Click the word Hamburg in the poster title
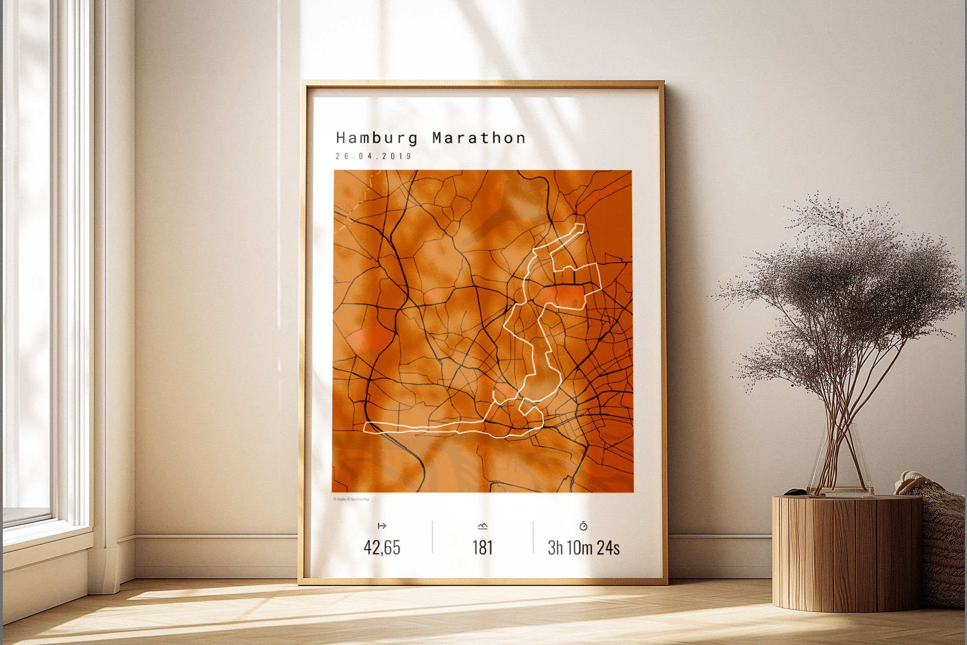376,138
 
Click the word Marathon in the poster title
479,138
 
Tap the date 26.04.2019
373,156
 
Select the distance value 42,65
382,547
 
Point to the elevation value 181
482,547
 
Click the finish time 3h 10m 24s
583,547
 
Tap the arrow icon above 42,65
382,525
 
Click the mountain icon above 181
483,525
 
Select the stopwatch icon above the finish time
583,525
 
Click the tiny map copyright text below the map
351,499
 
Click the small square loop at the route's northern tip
580,227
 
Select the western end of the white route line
365,427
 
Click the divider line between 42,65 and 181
432,537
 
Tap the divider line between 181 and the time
533,537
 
